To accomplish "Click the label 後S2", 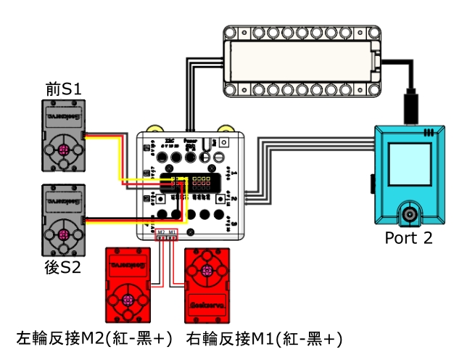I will (62, 267).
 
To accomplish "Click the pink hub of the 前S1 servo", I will (64, 151).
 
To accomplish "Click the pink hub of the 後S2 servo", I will (64, 236).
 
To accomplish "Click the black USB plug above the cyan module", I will (410, 107).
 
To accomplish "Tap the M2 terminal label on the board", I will (161, 232).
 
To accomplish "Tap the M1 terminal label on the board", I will (172, 232).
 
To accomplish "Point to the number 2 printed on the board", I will (235, 197).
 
